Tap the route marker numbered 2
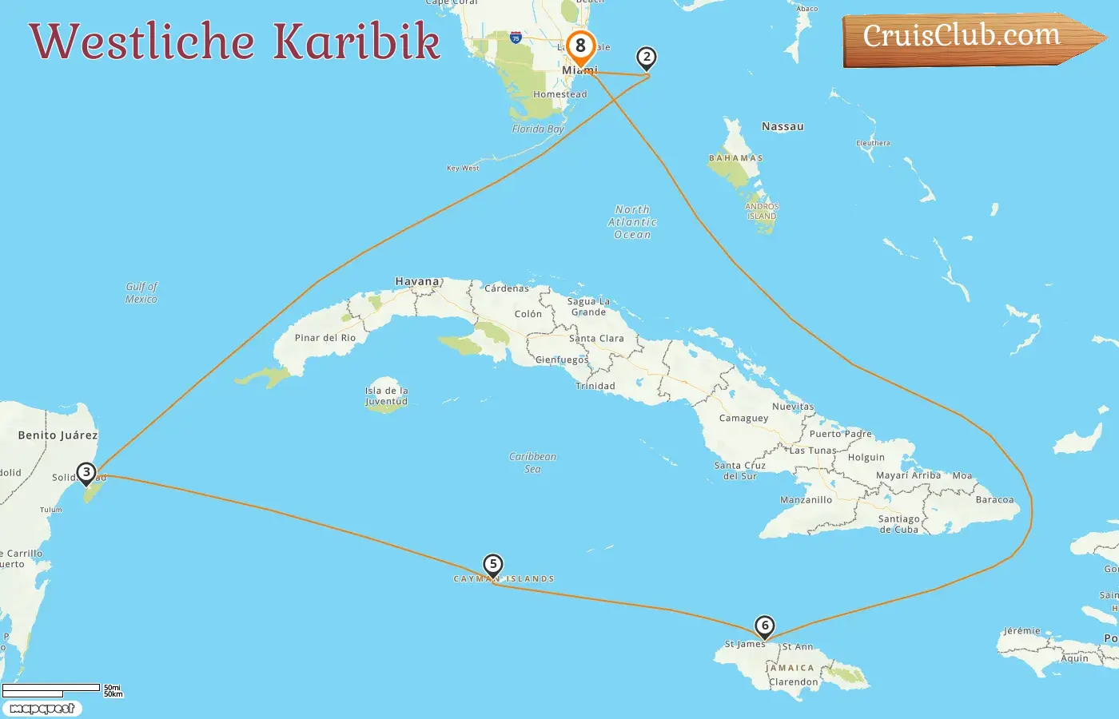647,58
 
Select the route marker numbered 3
86,472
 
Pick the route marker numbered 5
493,565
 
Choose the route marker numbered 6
765,626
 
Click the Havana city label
417,282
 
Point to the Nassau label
783,127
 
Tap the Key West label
463,169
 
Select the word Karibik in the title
356,42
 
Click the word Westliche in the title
142,42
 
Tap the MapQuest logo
42,709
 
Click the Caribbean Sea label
532,463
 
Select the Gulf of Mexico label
141,293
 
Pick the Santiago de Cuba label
899,524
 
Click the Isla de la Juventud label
386,396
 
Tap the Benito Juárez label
58,435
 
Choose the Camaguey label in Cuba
743,419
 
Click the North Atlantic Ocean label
632,222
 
